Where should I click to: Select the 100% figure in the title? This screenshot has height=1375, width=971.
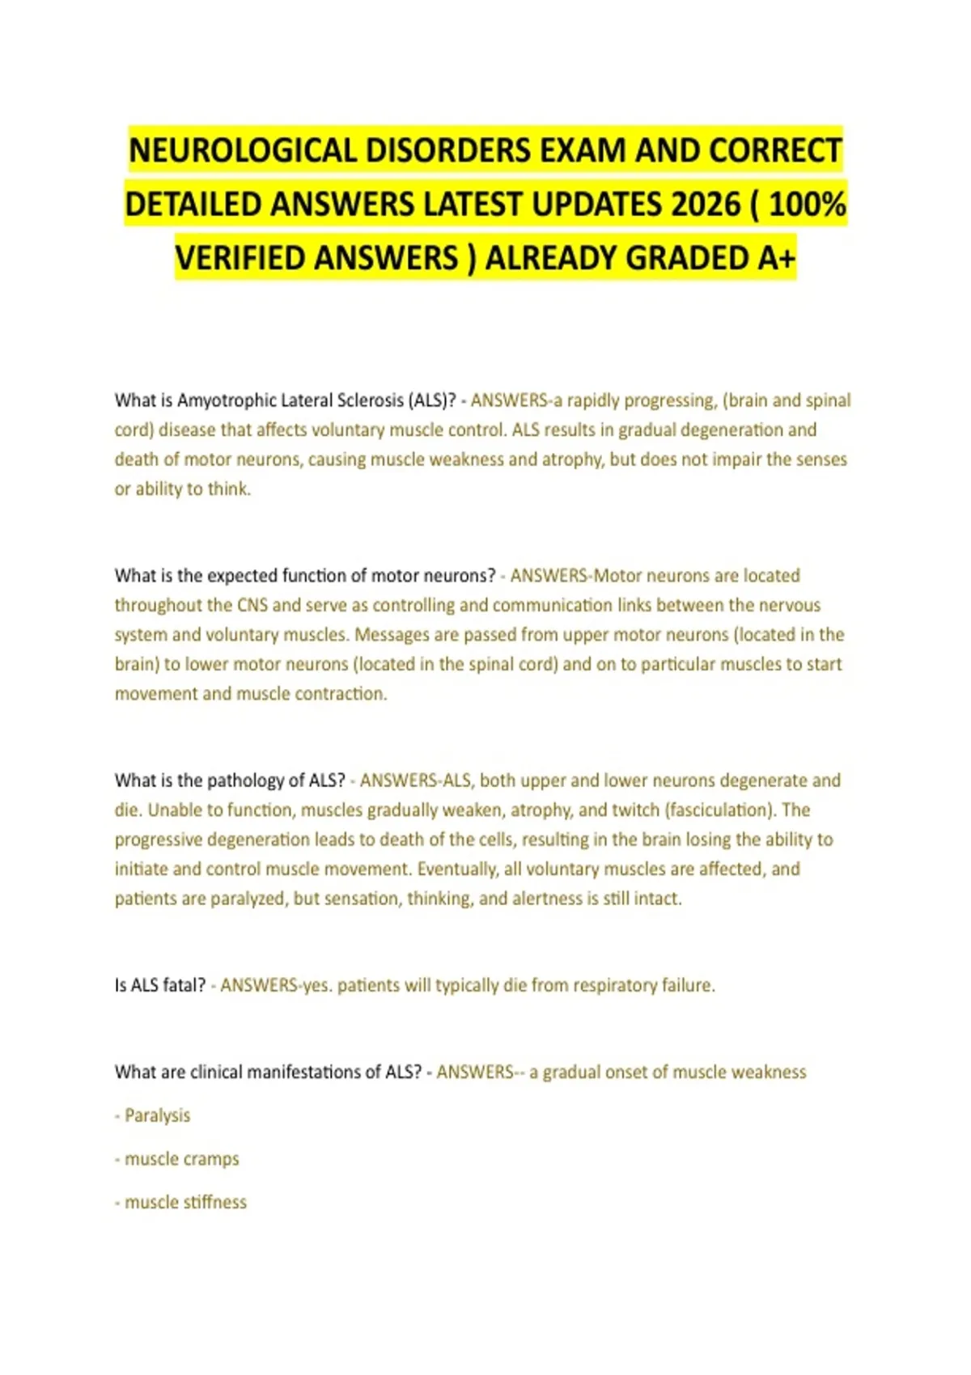click(807, 205)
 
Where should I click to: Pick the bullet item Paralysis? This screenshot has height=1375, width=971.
click(157, 1115)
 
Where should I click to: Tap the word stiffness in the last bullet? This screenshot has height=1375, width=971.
click(214, 1203)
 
